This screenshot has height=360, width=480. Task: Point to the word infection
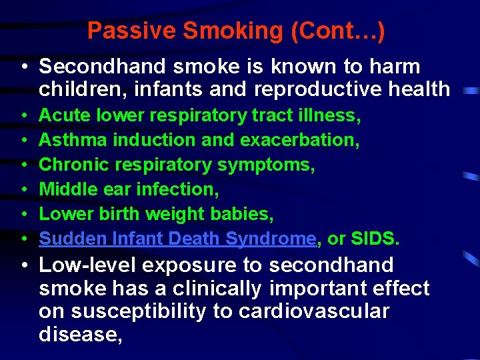pos(177,189)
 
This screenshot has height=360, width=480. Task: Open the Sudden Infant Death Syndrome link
pos(177,239)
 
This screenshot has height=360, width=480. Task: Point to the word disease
pos(80,334)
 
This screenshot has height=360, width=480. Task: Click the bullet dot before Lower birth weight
pos(24,214)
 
